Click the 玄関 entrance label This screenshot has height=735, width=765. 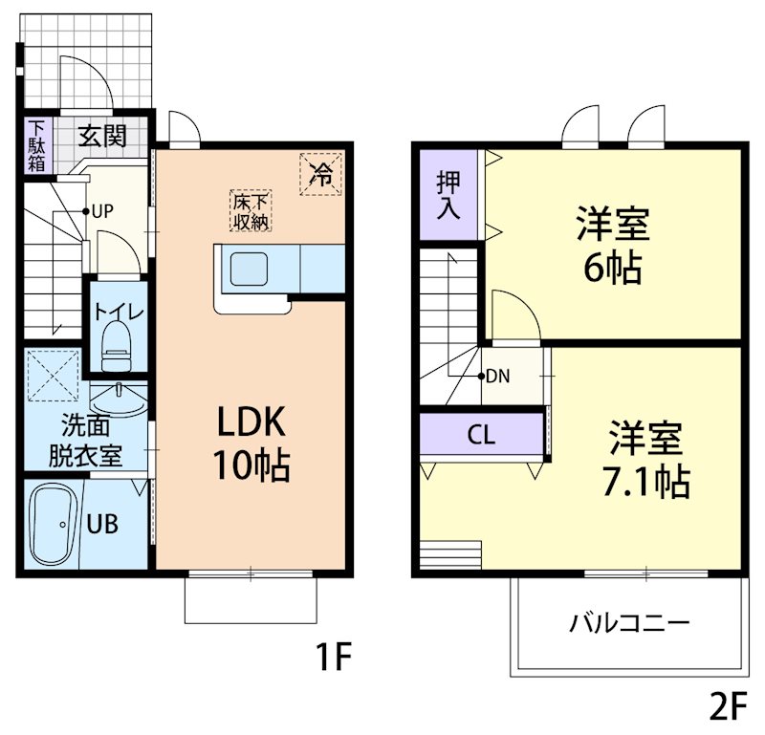pos(102,136)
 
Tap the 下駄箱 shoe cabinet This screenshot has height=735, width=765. pos(36,144)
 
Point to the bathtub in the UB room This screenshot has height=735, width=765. pos(54,525)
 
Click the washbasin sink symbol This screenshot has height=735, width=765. pos(118,394)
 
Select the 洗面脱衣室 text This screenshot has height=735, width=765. pos(85,439)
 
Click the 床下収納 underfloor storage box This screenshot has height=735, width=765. pos(251,211)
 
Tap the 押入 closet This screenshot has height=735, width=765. pos(448,195)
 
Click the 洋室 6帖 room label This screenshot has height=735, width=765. pos(612,246)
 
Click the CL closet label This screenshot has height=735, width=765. pos(481,435)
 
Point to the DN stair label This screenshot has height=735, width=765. pos(498,376)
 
